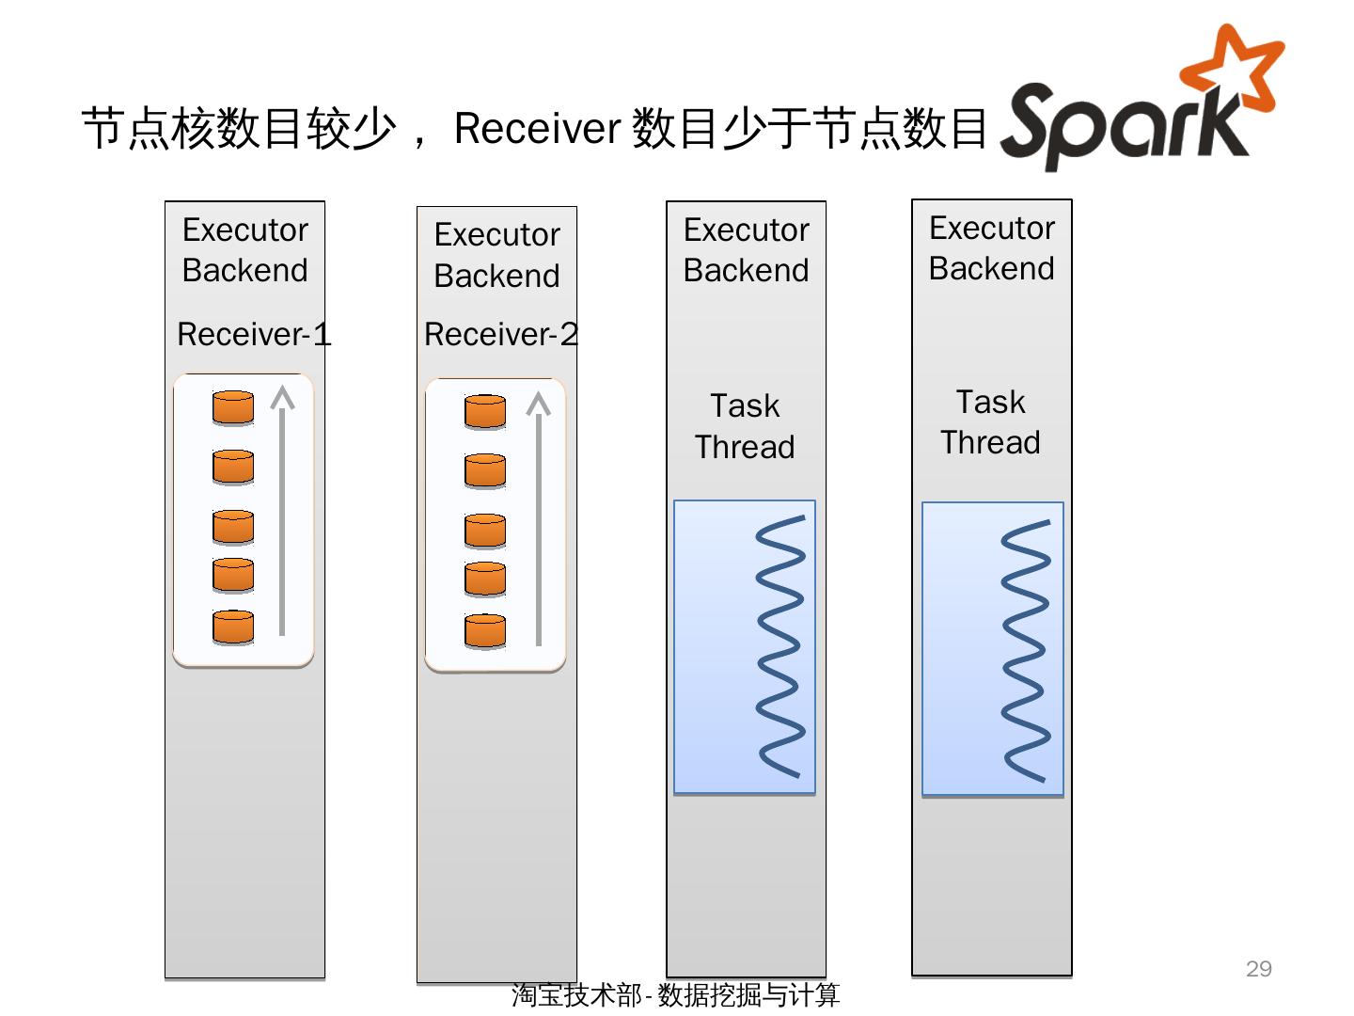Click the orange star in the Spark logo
[x=1235, y=68]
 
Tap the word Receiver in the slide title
[x=537, y=128]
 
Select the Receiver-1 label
[x=254, y=334]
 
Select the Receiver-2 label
[x=501, y=334]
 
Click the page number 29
[x=1258, y=969]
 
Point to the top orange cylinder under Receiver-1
[x=233, y=408]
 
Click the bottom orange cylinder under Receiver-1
[x=233, y=627]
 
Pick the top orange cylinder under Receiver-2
[x=485, y=412]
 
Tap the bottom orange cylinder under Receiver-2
[x=485, y=630]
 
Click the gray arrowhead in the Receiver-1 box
[x=282, y=398]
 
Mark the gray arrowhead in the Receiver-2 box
[x=538, y=404]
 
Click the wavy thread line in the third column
[x=780, y=646]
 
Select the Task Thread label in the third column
[x=745, y=426]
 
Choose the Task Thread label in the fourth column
[x=991, y=422]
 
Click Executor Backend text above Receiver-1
[x=245, y=249]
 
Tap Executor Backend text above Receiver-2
[x=497, y=255]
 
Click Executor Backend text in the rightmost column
[x=992, y=247]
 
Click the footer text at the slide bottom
[x=675, y=994]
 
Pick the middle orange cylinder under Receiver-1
[x=233, y=527]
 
